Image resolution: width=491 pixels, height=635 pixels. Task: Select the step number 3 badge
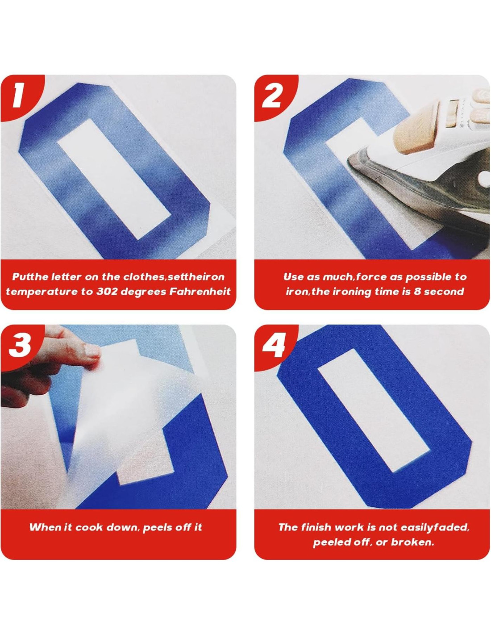[x=19, y=345]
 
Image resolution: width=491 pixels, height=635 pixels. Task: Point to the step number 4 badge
[x=273, y=345]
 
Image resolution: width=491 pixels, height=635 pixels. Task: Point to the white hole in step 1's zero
[x=114, y=179]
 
